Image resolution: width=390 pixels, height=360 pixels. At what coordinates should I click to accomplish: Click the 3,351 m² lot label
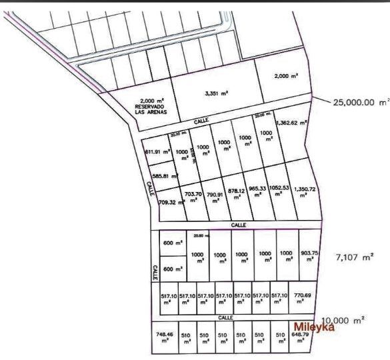[x=217, y=93]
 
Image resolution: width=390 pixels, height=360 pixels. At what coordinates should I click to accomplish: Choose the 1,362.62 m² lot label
[x=294, y=123]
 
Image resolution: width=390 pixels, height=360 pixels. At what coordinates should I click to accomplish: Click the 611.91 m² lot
[x=155, y=151]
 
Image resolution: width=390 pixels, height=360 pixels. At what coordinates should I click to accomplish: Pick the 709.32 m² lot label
[x=171, y=201]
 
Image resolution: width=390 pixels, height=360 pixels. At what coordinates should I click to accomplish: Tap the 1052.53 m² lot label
[x=280, y=193]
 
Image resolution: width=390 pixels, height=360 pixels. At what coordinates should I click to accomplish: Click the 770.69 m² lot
[x=303, y=297]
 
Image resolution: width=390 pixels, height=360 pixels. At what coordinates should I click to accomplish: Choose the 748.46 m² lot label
[x=164, y=338]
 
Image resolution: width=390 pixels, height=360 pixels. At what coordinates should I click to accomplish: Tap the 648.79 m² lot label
[x=301, y=337]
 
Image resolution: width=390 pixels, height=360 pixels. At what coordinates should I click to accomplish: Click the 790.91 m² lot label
[x=215, y=197]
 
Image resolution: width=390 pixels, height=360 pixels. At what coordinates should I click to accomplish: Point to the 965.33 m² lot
[x=257, y=193]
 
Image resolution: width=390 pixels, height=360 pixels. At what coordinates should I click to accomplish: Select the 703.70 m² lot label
[x=193, y=197]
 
